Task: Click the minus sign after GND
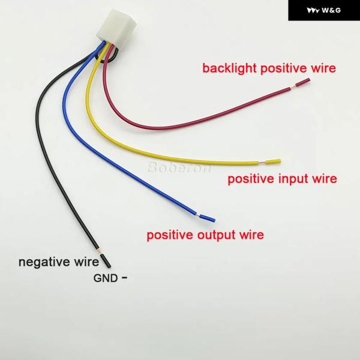pos(125,277)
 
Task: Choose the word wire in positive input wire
pos(323,179)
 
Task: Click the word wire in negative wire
pos(86,262)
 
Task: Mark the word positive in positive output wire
pos(170,235)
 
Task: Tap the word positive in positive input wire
pos(248,179)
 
